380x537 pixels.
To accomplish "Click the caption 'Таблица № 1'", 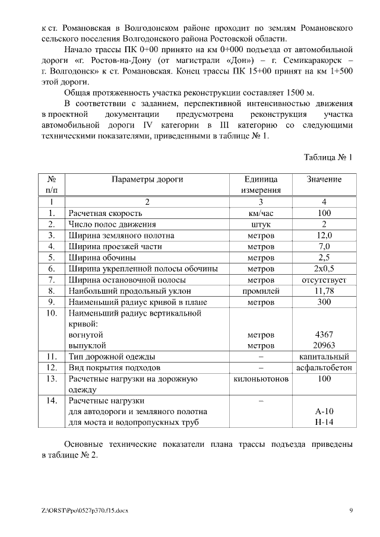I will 328,158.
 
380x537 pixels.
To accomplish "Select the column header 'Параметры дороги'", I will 147,179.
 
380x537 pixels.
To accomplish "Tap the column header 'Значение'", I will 324,179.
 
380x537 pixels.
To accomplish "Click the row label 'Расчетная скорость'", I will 106,213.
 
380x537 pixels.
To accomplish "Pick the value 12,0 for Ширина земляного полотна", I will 324,236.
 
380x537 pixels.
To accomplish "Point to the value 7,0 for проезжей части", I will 324,246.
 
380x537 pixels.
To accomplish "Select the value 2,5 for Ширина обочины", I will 324,258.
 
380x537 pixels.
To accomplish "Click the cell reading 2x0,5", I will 324,269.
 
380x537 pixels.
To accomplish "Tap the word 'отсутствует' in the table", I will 324,279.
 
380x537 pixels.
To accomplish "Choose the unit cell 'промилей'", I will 261,291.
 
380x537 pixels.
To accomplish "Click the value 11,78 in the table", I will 324,291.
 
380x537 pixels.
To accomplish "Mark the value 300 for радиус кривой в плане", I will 324,302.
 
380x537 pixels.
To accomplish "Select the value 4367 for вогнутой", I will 324,335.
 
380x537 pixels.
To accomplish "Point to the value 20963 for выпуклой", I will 324,345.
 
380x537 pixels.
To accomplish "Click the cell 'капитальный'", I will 324,357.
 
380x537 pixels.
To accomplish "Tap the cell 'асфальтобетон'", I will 324,368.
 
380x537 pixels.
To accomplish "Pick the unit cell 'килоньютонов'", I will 261,379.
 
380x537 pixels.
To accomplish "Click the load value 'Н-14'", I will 324,422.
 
